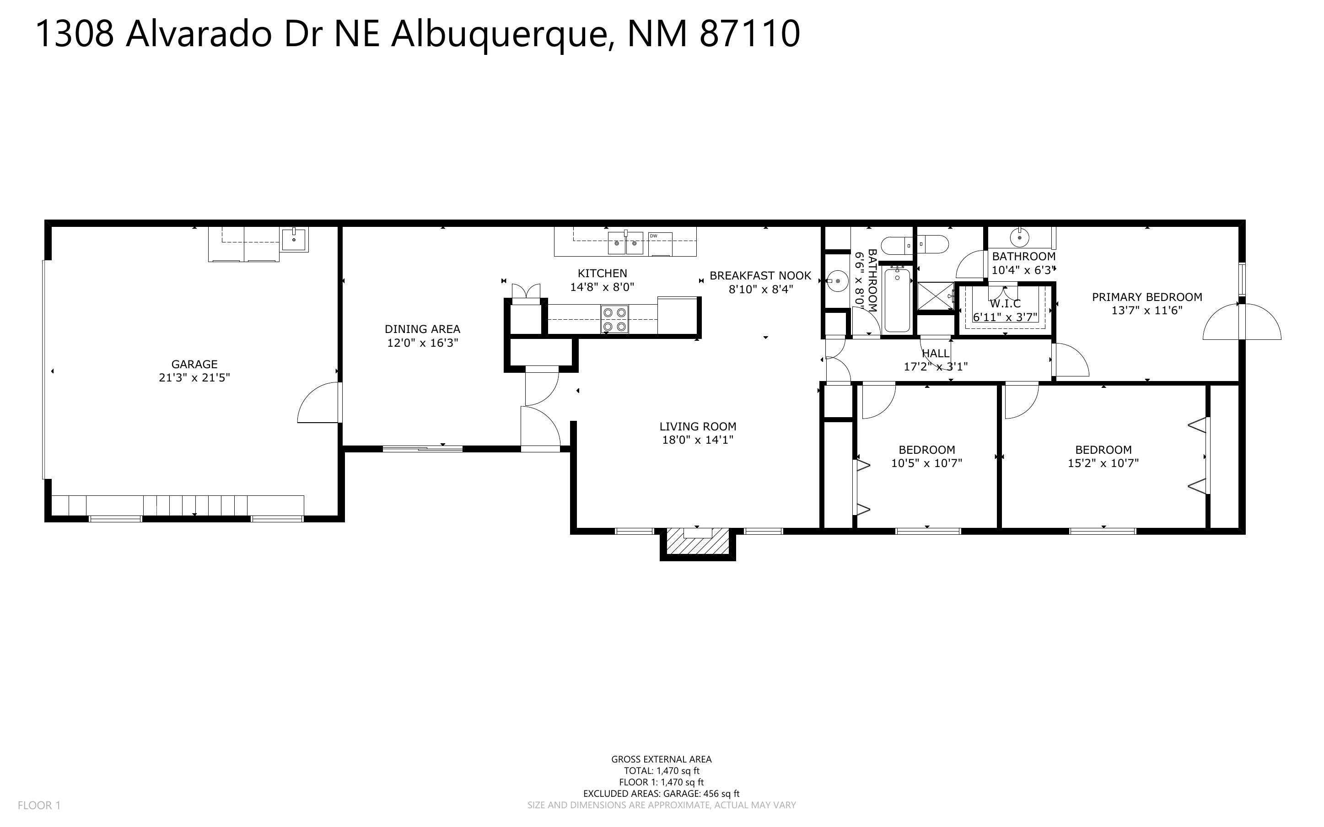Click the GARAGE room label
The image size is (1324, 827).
pos(194,364)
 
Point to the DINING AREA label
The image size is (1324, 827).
pos(422,329)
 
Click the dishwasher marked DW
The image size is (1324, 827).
pos(660,243)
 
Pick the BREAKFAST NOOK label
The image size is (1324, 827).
pos(760,276)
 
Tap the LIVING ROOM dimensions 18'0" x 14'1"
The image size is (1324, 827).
pos(697,440)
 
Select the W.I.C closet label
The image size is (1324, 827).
pos(1005,304)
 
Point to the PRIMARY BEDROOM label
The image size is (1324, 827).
pos(1147,297)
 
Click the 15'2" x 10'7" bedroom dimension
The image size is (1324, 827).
pos(1103,463)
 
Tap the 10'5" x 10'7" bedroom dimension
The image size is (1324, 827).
pos(926,463)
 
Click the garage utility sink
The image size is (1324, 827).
pos(295,240)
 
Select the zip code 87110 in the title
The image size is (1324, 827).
pos(749,34)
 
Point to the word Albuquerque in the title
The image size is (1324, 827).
pos(499,34)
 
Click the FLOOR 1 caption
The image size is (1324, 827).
pos(39,805)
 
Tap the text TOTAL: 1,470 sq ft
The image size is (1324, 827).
pos(661,771)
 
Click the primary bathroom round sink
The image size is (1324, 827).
pos(1019,238)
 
